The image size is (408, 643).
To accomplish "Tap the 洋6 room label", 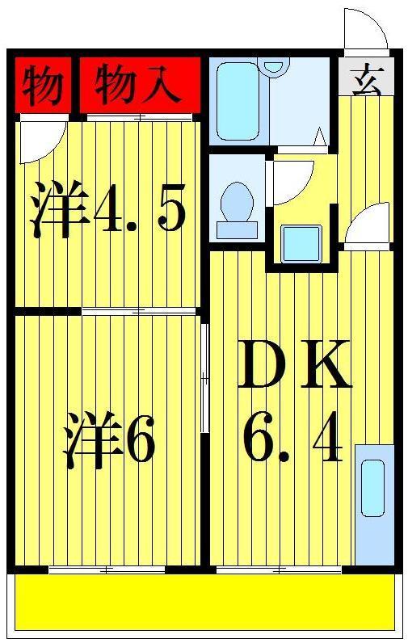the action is (109, 439).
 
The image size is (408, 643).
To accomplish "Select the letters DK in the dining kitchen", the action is (295, 364).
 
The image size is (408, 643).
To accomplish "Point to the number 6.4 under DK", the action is (292, 436).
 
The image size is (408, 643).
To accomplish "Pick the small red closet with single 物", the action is (43, 85).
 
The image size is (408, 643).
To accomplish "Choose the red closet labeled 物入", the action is (140, 85).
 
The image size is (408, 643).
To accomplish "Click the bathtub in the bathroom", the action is (238, 101).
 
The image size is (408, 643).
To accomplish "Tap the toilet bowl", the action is (237, 209).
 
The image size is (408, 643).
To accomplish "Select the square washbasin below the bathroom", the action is (301, 244).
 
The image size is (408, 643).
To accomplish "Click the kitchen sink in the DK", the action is (372, 488).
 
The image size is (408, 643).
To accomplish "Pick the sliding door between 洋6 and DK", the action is (204, 378).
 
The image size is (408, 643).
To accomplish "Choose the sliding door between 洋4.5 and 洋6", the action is (139, 311).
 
